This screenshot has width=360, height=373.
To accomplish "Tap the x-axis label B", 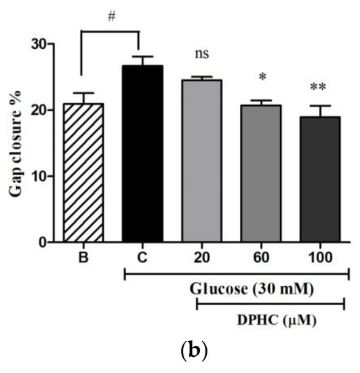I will (x=82, y=258).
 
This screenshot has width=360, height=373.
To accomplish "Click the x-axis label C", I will (x=142, y=258).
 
